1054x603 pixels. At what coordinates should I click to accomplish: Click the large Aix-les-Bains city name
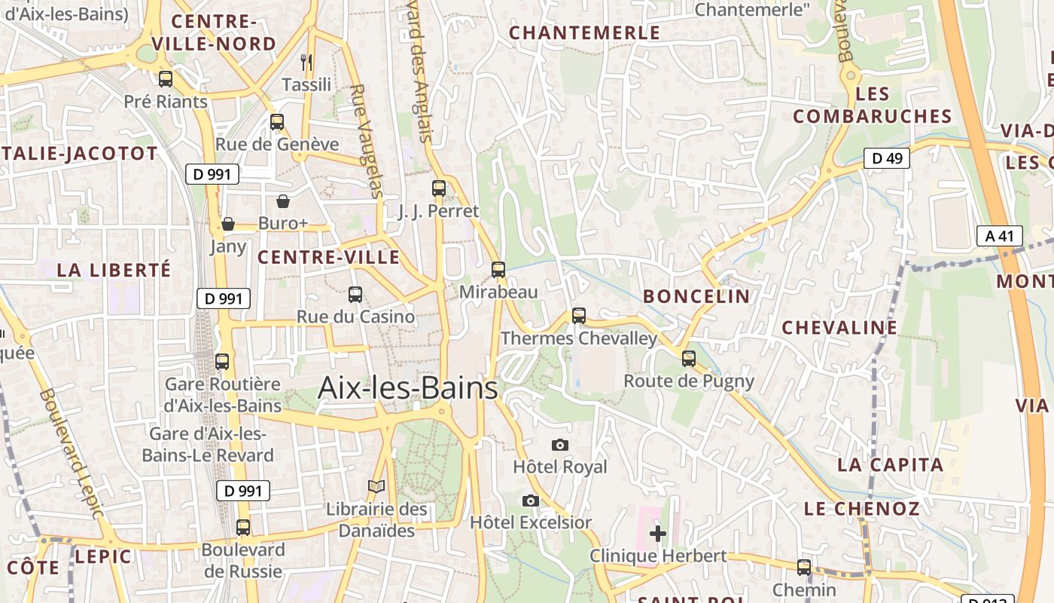coord(407,387)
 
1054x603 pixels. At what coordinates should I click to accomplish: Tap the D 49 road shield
coord(886,158)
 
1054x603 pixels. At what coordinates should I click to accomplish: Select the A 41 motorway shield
coord(1000,236)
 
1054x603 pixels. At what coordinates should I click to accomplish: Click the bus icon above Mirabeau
coord(498,270)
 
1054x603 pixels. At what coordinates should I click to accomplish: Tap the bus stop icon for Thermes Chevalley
coord(579,316)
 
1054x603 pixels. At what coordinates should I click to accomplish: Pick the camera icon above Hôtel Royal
coord(559,445)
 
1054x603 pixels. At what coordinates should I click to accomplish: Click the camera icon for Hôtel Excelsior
coord(531,501)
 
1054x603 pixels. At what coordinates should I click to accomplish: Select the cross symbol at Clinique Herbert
coord(658,534)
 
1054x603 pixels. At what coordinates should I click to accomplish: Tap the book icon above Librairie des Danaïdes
coord(376,487)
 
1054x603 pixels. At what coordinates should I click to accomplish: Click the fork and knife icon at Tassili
coord(306,63)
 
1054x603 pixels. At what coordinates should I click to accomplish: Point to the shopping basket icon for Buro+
coord(283,201)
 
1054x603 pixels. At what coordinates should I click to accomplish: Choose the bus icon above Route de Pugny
coord(689,359)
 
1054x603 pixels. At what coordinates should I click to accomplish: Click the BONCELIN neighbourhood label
coord(696,296)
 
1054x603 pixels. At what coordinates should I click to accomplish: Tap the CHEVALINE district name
coord(839,328)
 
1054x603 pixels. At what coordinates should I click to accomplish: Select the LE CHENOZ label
coord(862,509)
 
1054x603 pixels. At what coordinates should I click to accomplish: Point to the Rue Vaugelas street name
coord(366,140)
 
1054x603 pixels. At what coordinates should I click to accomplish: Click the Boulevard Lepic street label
coord(70,452)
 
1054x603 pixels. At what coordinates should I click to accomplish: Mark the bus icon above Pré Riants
coord(166,78)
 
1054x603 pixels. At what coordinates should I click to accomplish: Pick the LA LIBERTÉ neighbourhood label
coord(114,270)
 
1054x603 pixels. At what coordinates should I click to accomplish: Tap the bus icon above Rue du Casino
coord(355,295)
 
